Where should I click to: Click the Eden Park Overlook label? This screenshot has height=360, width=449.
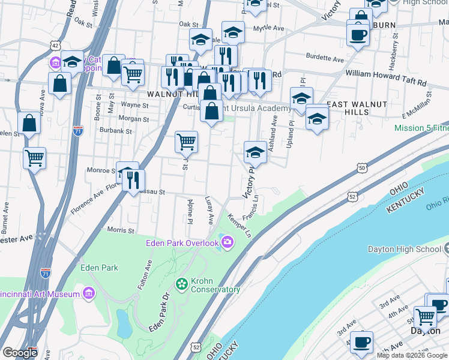182,242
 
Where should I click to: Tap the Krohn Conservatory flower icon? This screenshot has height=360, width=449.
181,283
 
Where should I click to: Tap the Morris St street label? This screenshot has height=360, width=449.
120,230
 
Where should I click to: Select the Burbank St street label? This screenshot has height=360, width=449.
116,130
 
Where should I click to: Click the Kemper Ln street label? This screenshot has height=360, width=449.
239,224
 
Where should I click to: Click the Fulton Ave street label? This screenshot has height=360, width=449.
144,274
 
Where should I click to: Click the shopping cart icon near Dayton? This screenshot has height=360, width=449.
426,315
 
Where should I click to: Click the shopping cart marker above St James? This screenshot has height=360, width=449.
186,142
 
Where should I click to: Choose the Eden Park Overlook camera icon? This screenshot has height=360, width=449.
228,242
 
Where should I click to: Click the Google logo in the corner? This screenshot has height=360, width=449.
20,353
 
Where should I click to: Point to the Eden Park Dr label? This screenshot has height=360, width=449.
159,311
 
